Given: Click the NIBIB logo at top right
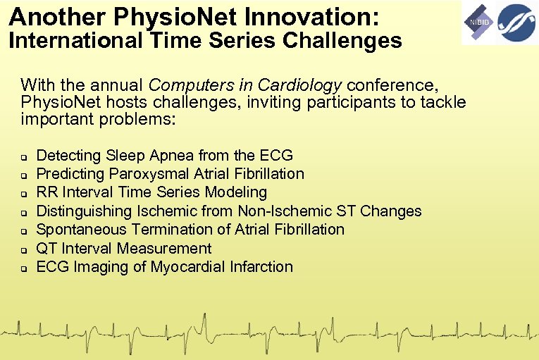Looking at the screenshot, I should click(478, 23).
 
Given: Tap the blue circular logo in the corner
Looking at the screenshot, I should click(516, 23).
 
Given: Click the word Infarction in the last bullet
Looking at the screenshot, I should click(262, 267).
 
